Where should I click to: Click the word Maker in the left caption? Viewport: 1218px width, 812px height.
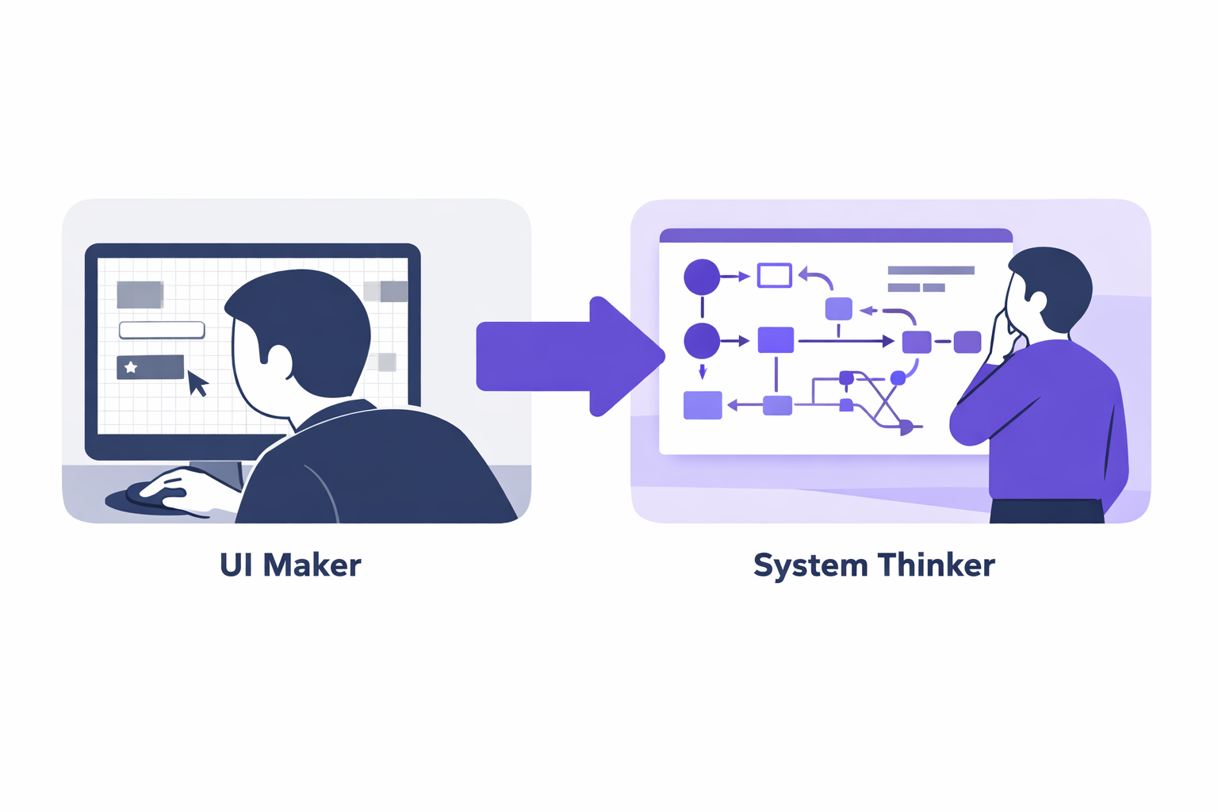(312, 565)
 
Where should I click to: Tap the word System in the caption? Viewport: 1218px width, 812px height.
(810, 566)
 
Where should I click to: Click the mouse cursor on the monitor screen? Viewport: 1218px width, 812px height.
(197, 383)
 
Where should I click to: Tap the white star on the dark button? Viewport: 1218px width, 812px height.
(131, 367)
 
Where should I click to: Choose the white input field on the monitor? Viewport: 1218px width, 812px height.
(162, 330)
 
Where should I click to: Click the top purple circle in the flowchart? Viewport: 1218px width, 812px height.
(702, 277)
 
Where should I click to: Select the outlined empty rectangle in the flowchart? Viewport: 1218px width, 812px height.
(775, 275)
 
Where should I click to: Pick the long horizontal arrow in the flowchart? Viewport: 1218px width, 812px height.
(845, 341)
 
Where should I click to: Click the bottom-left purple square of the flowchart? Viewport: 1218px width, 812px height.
(703, 405)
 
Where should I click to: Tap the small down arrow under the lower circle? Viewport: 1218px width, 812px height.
(702, 371)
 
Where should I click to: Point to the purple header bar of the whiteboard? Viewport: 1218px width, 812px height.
(836, 236)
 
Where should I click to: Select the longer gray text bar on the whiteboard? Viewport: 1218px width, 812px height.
(930, 270)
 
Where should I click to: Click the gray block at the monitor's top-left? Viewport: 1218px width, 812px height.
(140, 294)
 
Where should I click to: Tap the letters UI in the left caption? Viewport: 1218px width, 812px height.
(236, 565)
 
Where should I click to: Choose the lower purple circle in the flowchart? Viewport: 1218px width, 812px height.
(702, 341)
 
